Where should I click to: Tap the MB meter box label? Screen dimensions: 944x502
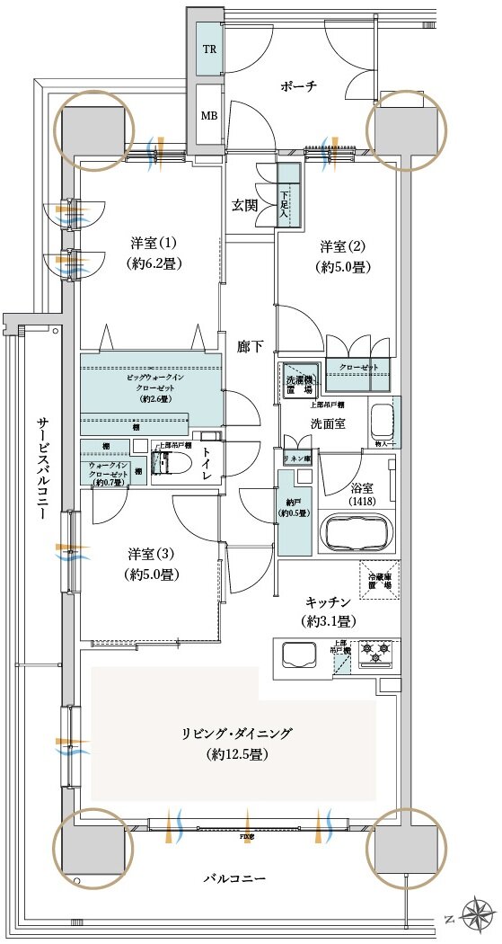point(207,117)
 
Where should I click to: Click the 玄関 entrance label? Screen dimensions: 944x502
point(244,205)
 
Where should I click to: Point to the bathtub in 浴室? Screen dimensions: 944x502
point(357,535)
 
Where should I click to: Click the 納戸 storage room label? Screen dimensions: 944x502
point(294,506)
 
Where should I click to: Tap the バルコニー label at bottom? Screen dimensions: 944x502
point(235,877)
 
